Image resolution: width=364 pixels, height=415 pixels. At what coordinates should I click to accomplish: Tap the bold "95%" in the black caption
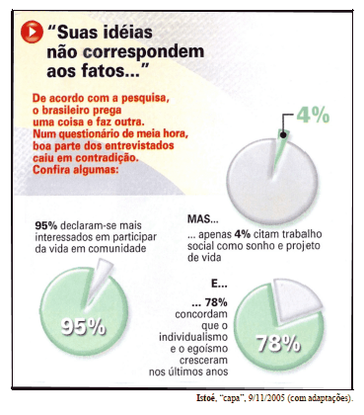[x=45, y=224]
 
